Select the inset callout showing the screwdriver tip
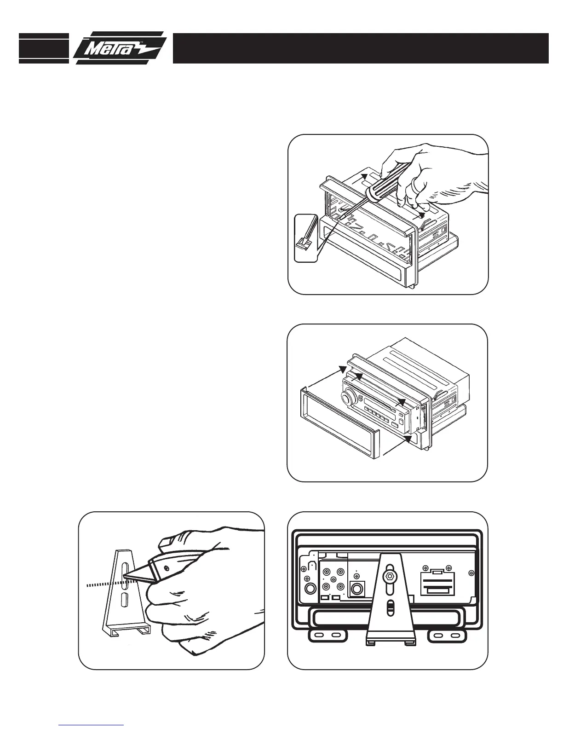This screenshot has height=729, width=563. pos(305,238)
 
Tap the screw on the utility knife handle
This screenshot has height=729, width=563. pos(166,569)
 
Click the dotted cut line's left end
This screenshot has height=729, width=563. pos(88,586)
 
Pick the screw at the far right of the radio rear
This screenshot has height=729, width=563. pos(471,573)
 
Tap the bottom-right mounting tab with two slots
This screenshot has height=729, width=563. pos(447,636)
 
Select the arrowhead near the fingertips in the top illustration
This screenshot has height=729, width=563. pos(421,215)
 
